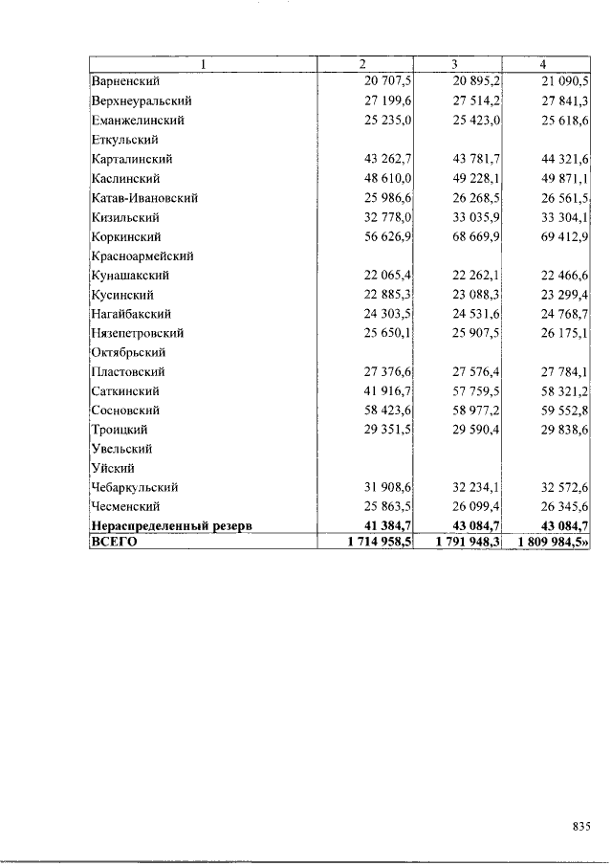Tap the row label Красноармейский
pyautogui.click(x=142, y=255)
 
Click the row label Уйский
pyautogui.click(x=112, y=468)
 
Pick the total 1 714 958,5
pyautogui.click(x=375, y=542)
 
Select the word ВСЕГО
pyautogui.click(x=114, y=542)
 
